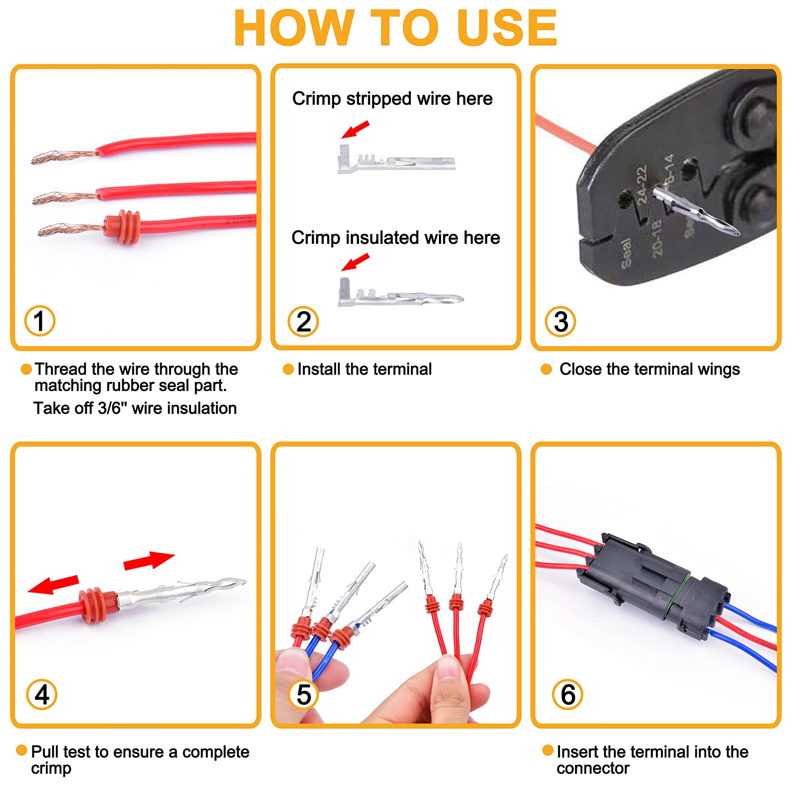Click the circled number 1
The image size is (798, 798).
(39, 321)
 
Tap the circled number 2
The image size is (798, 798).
(303, 322)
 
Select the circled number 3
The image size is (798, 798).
(560, 322)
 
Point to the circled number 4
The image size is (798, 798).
(42, 694)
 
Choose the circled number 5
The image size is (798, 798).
(303, 695)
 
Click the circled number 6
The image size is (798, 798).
(568, 694)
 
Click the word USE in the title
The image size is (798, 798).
(506, 28)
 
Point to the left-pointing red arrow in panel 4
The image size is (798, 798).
(53, 585)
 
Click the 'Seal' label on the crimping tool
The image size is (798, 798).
(627, 253)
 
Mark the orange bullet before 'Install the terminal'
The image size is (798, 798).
(288, 369)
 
